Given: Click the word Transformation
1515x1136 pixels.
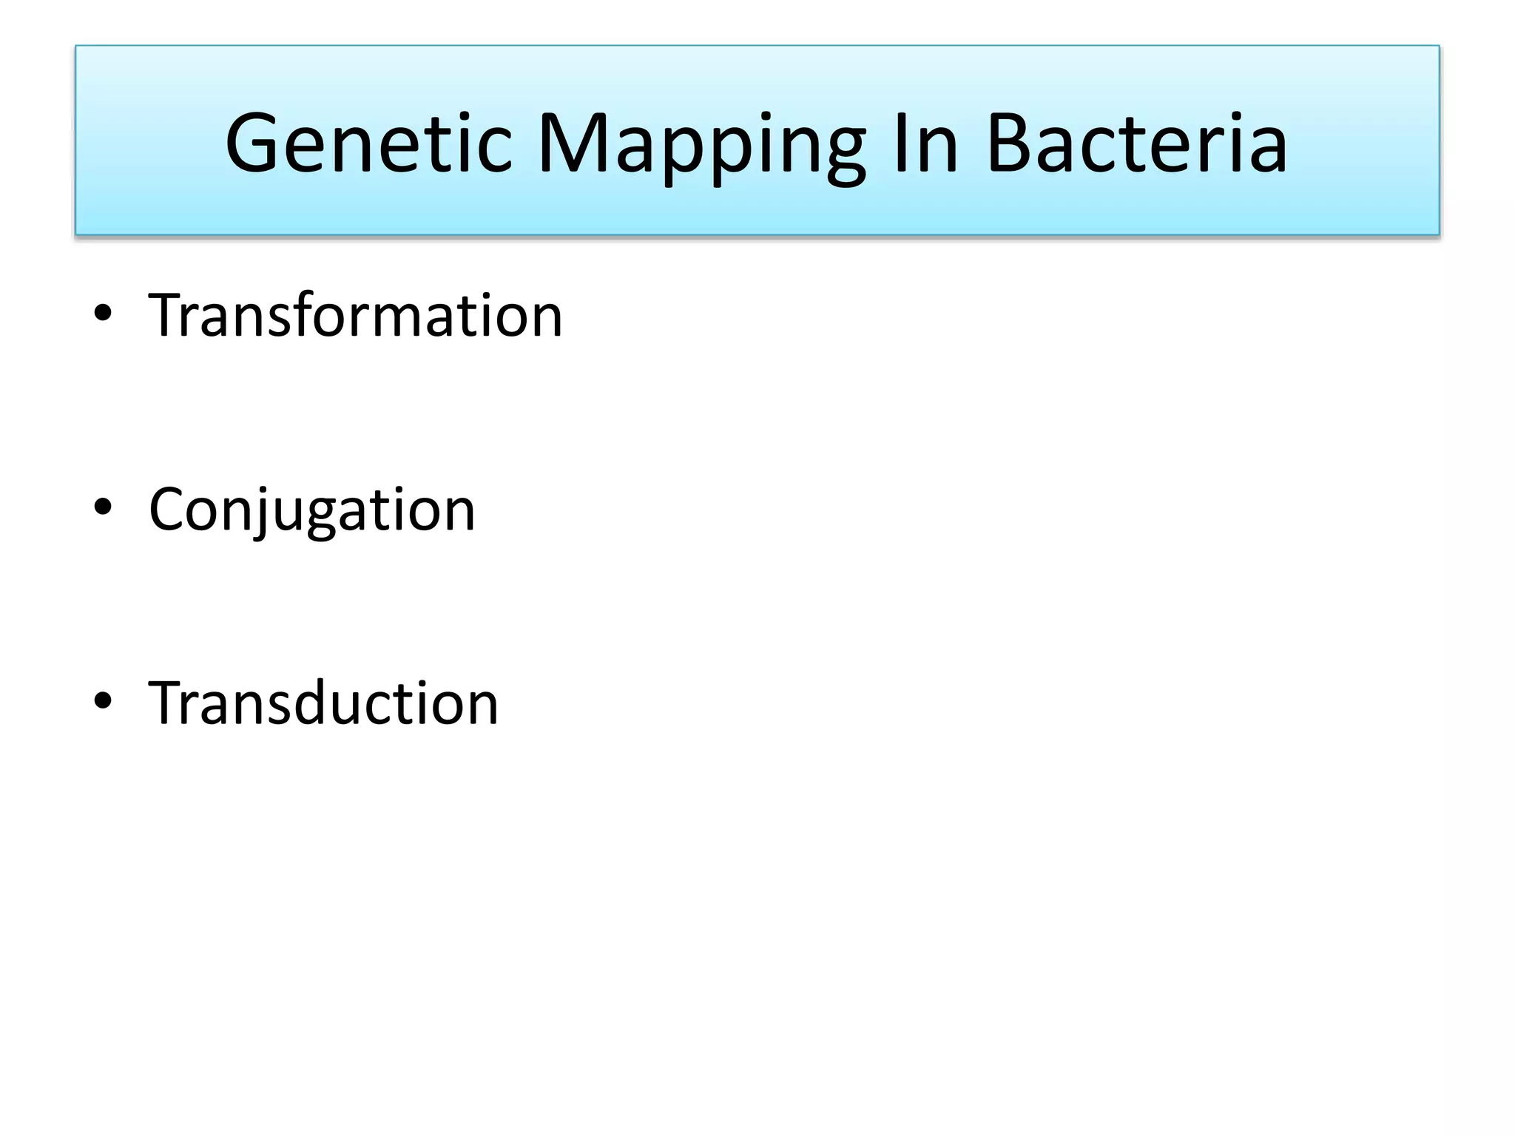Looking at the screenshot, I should tap(355, 316).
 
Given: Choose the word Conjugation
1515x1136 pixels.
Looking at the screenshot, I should tap(311, 510).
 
